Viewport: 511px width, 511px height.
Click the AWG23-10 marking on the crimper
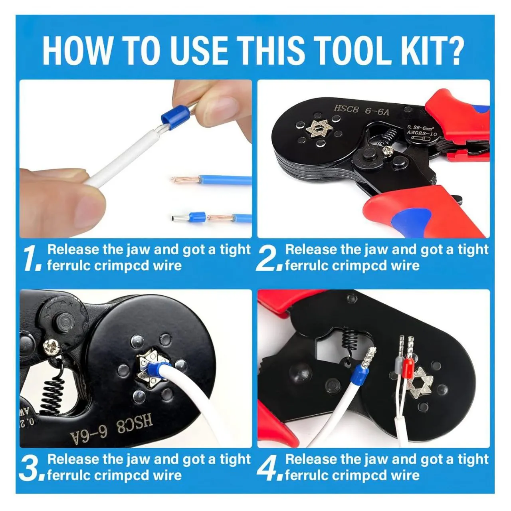pos(422,133)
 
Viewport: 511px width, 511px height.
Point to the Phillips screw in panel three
pos(51,345)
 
